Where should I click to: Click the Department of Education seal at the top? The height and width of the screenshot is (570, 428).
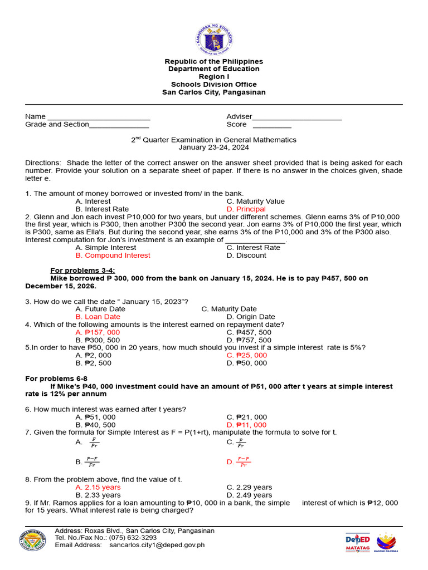pyautogui.click(x=214, y=40)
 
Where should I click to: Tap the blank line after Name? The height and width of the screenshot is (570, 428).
pyautogui.click(x=99, y=119)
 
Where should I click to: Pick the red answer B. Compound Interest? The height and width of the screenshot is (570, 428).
pyautogui.click(x=113, y=255)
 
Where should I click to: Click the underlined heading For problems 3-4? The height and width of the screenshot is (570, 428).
pyautogui.click(x=83, y=271)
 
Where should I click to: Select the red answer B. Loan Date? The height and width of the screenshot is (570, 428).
pyautogui.click(x=98, y=317)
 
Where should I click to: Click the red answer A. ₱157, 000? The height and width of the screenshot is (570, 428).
pyautogui.click(x=98, y=332)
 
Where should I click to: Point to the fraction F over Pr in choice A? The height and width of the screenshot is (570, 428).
pyautogui.click(x=94, y=443)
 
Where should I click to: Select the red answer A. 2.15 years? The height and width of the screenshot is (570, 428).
pyautogui.click(x=98, y=487)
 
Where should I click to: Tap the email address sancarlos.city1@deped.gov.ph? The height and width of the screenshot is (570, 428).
pyautogui.click(x=157, y=545)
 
